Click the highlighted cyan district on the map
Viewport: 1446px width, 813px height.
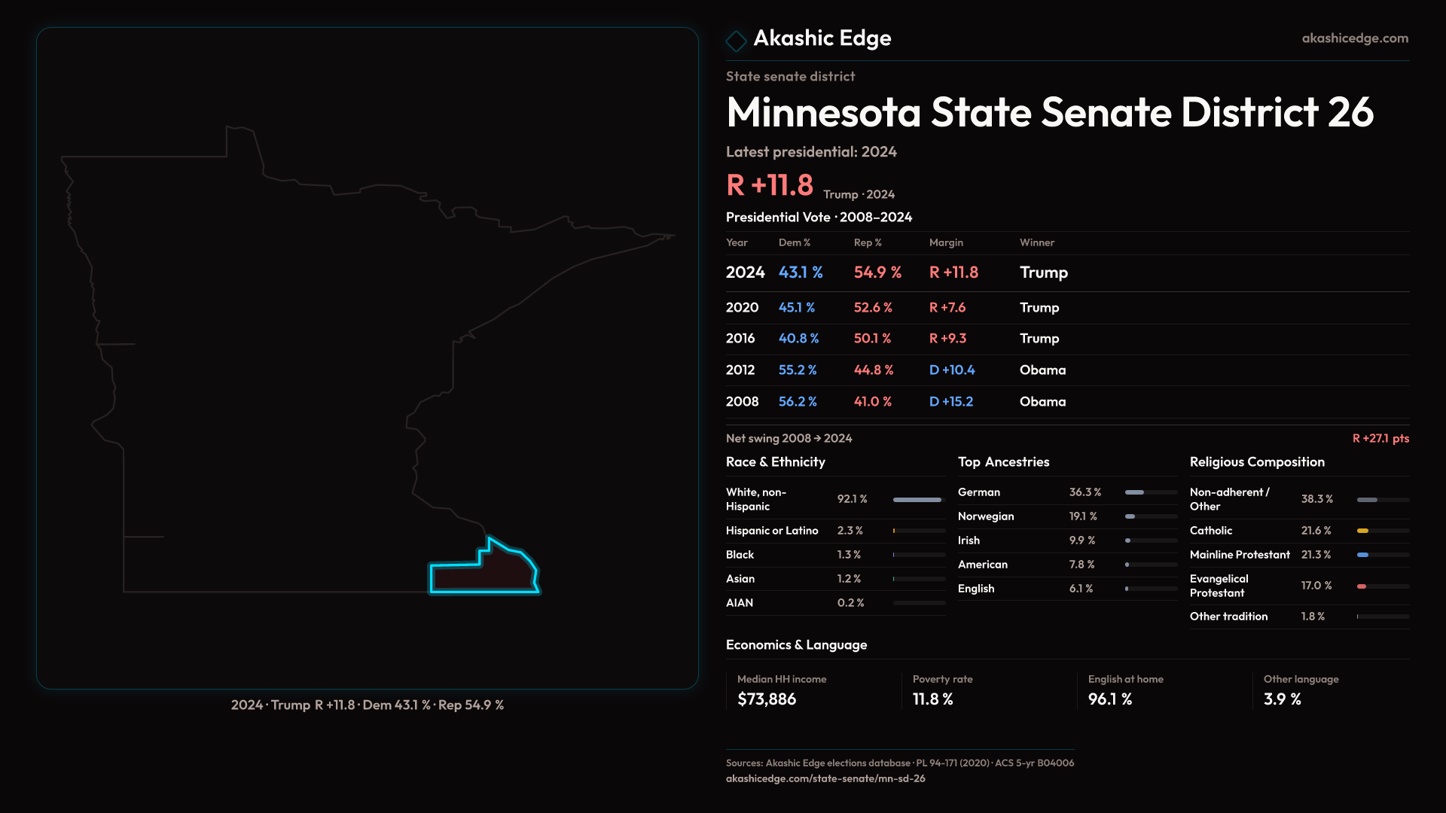486,574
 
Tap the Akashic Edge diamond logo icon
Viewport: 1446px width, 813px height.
736,41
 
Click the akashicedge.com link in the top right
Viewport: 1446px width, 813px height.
1354,38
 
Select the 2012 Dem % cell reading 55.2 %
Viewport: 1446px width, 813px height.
797,370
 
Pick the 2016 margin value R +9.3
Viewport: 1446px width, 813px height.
947,339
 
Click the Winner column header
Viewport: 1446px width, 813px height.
1036,242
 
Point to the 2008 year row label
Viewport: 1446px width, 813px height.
742,402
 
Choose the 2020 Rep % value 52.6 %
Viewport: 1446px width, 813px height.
872,308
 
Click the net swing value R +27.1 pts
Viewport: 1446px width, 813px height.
1380,438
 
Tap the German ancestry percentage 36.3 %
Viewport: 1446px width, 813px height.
1084,492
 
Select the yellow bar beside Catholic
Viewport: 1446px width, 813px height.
1362,531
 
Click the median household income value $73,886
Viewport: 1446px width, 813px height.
766,699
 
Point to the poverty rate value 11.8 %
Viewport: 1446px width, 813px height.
932,699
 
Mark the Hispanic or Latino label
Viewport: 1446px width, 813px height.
771,531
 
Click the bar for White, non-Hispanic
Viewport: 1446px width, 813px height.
917,500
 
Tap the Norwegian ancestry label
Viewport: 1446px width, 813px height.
985,516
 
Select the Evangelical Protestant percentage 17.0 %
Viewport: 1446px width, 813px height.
1316,586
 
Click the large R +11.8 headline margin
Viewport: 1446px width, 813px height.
769,185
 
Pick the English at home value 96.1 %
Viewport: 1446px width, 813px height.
1109,699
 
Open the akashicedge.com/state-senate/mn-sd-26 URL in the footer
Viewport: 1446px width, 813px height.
825,778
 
